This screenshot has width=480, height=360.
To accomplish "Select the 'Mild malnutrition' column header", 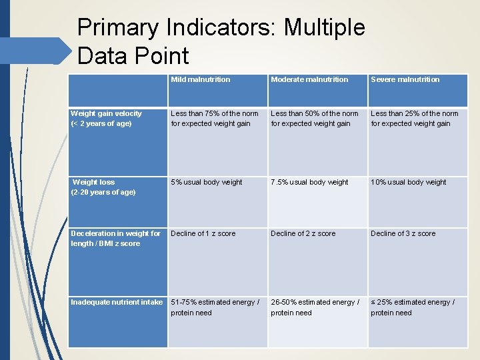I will [200, 79].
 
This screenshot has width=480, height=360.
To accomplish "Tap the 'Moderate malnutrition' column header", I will [309, 79].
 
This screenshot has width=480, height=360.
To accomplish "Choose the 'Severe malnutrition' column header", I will [405, 79].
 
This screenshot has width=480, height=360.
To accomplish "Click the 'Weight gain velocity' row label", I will [106, 118].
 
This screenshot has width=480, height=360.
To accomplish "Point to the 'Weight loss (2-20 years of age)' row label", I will [103, 187].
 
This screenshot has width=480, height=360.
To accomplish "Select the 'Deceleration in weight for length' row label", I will [115, 238].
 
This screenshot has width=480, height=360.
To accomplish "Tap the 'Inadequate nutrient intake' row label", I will [117, 302].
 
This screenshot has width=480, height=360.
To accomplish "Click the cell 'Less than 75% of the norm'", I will [215, 118].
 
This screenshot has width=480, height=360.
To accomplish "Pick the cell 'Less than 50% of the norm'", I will [315, 118].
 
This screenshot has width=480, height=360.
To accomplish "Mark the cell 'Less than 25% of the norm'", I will [415, 118].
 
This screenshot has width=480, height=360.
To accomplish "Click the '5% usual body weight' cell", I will [207, 182].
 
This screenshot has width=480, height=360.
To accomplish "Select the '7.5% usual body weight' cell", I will [309, 182].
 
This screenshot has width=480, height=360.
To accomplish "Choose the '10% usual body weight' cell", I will [409, 182].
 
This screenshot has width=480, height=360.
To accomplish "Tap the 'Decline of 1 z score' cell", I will [203, 233].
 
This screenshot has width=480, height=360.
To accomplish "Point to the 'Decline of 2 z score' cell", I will [303, 233].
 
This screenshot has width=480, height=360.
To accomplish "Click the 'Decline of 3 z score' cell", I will [403, 233].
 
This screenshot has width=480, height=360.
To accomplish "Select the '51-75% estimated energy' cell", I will [215, 307].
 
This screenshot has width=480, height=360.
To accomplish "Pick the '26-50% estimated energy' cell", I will [315, 307].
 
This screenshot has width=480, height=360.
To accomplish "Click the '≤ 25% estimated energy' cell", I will [413, 307].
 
